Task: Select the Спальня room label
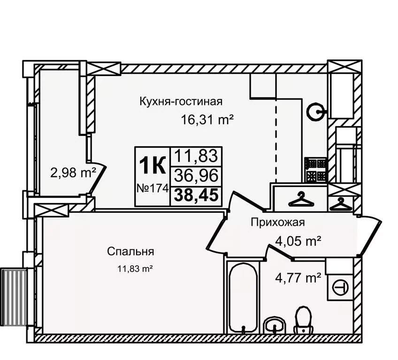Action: coord(131,252)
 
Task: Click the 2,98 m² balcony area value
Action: coord(73,173)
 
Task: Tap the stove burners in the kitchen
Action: coord(315,170)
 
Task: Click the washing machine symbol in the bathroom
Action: coord(339,285)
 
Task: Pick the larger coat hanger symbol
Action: coord(299,199)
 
